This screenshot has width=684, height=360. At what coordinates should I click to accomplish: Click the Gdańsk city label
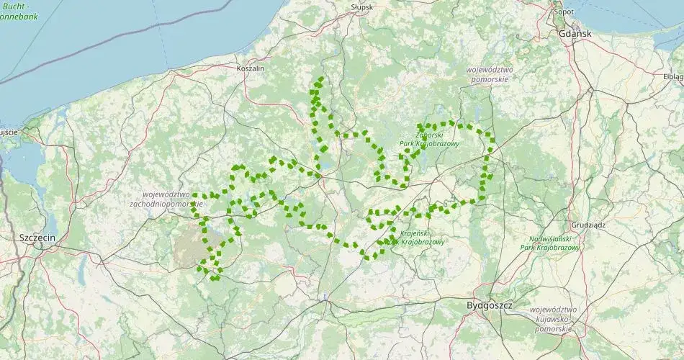pos(574,34)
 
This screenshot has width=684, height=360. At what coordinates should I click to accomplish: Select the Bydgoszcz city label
pos(489,305)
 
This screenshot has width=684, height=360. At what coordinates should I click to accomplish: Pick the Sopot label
pos(564,12)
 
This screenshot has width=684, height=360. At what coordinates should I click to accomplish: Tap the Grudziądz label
pos(589,225)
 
